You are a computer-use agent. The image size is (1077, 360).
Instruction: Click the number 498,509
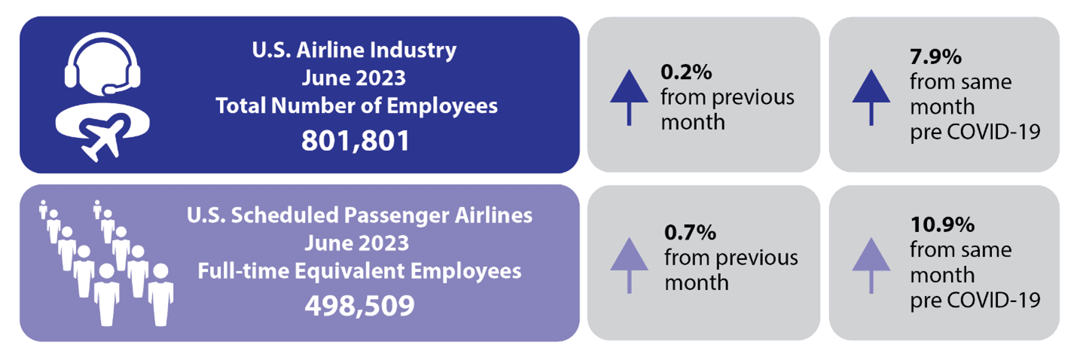(x=359, y=305)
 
